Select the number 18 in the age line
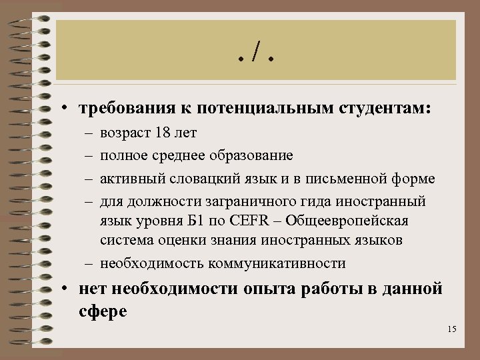(162, 133)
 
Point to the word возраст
(125, 133)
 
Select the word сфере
(102, 311)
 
